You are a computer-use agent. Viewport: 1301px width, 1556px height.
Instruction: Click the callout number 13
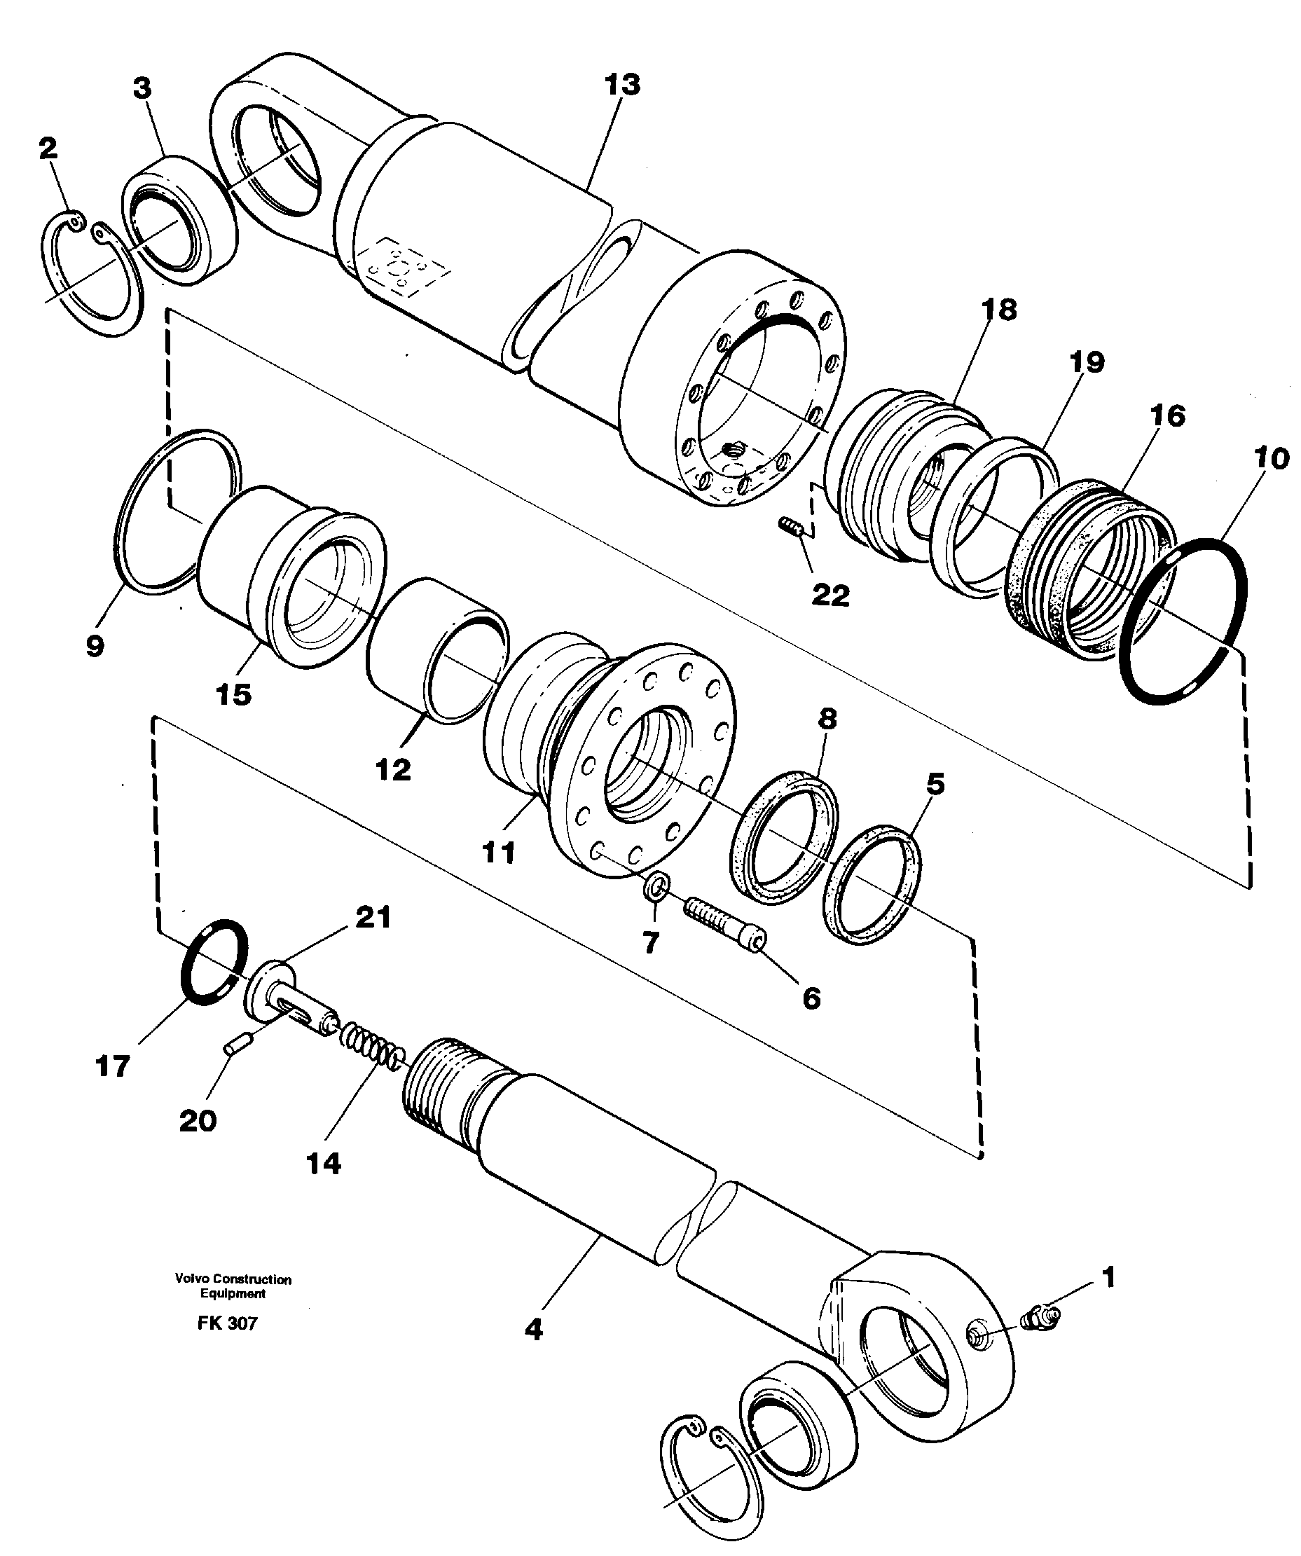(621, 85)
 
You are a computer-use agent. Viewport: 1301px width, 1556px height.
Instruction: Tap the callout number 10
(1272, 459)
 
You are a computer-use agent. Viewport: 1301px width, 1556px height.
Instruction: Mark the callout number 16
(1167, 415)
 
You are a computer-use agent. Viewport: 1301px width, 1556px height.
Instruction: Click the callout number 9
(95, 645)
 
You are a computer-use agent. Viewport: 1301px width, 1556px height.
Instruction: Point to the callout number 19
(1087, 362)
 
